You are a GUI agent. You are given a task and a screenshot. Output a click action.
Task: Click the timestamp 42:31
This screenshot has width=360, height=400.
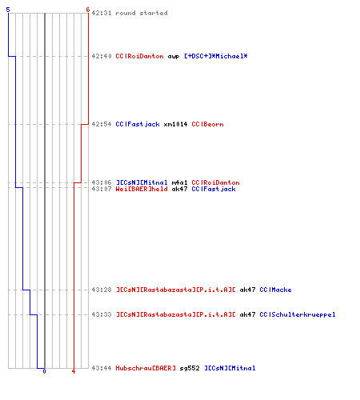[x=102, y=13]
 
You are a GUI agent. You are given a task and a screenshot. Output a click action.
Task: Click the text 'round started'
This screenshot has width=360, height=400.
[x=142, y=13]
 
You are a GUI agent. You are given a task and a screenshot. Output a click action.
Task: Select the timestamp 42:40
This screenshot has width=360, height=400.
[x=102, y=56]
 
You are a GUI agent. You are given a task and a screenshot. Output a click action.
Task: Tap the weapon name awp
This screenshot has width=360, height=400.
[x=174, y=57]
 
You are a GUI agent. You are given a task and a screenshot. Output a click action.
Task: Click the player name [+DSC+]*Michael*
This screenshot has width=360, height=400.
[x=216, y=56]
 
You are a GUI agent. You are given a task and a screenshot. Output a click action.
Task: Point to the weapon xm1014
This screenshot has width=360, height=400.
[x=175, y=124]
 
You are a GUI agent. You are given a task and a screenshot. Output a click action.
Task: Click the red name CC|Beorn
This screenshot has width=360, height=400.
[x=207, y=124]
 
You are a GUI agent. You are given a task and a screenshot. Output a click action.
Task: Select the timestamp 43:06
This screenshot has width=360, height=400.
[x=102, y=182]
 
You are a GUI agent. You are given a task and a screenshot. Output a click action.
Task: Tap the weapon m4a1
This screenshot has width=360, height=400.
[x=179, y=182]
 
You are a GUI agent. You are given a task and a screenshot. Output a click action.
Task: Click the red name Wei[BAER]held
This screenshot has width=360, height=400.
[x=142, y=189]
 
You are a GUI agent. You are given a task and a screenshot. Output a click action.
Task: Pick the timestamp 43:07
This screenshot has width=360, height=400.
[x=102, y=189]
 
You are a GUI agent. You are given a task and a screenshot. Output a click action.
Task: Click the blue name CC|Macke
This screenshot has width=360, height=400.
[x=275, y=290]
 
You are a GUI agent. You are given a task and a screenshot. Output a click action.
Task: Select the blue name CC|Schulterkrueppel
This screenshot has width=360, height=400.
[x=298, y=314]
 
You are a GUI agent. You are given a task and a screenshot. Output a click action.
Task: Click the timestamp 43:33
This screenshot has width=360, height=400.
[x=102, y=314]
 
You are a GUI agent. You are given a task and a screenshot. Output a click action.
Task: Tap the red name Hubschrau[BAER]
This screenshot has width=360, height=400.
[x=146, y=368]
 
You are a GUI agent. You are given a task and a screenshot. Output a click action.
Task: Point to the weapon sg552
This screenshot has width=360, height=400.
[x=190, y=368]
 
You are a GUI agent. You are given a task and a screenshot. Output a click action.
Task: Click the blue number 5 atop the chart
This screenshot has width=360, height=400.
[x=8, y=10]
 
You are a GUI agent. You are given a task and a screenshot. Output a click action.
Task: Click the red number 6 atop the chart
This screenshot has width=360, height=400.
[x=88, y=10]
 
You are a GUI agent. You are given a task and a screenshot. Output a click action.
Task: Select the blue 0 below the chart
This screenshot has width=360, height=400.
[x=44, y=371]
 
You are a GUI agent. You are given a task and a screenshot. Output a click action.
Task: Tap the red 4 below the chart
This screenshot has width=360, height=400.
[x=74, y=371]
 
